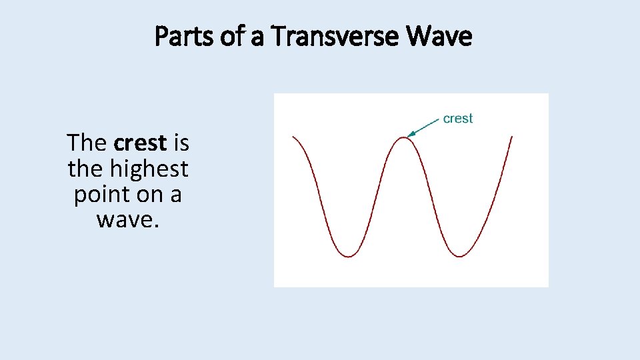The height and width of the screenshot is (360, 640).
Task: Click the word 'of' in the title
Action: tap(230, 37)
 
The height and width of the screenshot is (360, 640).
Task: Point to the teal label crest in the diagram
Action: tap(458, 119)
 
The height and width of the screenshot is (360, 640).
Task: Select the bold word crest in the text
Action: tap(140, 143)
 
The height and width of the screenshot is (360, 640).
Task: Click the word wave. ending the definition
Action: tap(128, 219)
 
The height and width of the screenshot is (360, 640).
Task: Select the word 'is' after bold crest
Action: tap(181, 143)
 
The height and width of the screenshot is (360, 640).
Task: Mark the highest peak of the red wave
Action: tap(404, 137)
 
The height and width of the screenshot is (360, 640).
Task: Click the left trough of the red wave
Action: tap(349, 256)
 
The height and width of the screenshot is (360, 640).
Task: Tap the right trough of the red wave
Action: tap(460, 256)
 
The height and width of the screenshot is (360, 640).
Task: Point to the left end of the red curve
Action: tap(294, 137)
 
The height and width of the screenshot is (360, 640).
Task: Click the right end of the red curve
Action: tap(511, 137)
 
